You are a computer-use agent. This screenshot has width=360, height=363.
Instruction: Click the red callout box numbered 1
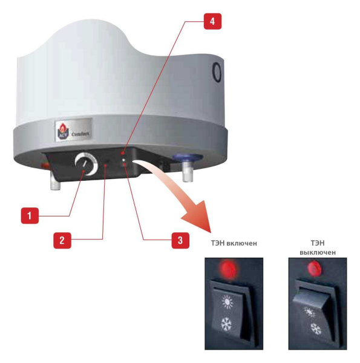(30, 215)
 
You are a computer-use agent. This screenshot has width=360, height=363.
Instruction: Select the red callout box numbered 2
(62, 240)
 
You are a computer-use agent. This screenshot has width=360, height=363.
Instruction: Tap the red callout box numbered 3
(180, 240)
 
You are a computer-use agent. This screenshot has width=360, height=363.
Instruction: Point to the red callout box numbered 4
(212, 21)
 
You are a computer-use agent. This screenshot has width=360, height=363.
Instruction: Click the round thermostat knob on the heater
(86, 163)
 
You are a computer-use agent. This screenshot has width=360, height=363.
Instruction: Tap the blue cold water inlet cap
(188, 157)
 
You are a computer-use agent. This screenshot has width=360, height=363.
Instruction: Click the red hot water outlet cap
(44, 165)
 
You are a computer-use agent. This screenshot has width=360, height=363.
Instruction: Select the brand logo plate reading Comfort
(74, 129)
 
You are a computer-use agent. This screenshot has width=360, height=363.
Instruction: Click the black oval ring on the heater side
(217, 71)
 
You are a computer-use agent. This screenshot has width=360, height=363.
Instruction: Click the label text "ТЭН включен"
(234, 243)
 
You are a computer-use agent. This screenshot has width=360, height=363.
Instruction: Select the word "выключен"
(318, 252)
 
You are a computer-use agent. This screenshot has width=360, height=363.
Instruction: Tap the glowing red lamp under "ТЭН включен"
(229, 269)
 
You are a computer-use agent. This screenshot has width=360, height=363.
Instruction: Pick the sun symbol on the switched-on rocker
(227, 301)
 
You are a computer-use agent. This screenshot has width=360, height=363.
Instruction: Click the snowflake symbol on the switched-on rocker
(226, 324)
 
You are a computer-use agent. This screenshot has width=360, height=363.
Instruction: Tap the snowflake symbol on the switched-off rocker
(316, 329)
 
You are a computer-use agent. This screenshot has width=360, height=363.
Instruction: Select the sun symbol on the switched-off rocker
(310, 312)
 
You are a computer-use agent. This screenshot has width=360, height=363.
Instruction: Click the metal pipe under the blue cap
(188, 172)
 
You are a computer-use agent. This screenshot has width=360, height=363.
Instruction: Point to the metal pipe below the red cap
(55, 182)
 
